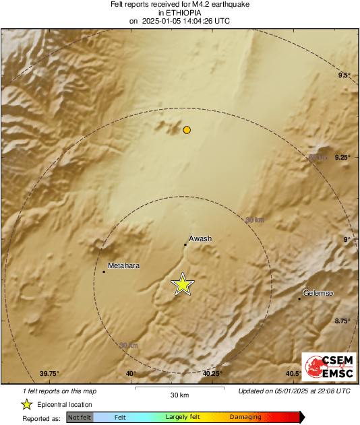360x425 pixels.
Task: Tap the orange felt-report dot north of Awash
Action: tap(187, 129)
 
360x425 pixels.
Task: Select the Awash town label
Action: tap(200, 238)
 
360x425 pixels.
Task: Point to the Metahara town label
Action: tap(123, 265)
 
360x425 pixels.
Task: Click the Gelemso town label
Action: tap(319, 293)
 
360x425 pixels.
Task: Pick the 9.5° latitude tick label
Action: tap(344, 75)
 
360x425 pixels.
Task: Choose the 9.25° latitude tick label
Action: tap(342, 157)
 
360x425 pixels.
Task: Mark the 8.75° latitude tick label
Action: tap(342, 321)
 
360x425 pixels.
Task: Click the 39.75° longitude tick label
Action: tap(50, 374)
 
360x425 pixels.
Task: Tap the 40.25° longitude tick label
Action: tap(212, 374)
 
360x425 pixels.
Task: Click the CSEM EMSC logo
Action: tap(325, 368)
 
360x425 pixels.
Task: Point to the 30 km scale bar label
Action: tap(179, 395)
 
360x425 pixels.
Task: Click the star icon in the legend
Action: tap(26, 404)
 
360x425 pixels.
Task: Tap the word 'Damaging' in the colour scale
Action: tap(245, 418)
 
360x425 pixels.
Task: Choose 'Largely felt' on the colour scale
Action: tap(181, 418)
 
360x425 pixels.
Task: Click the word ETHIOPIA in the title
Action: tap(179, 13)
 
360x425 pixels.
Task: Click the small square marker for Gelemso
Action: tap(299, 298)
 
